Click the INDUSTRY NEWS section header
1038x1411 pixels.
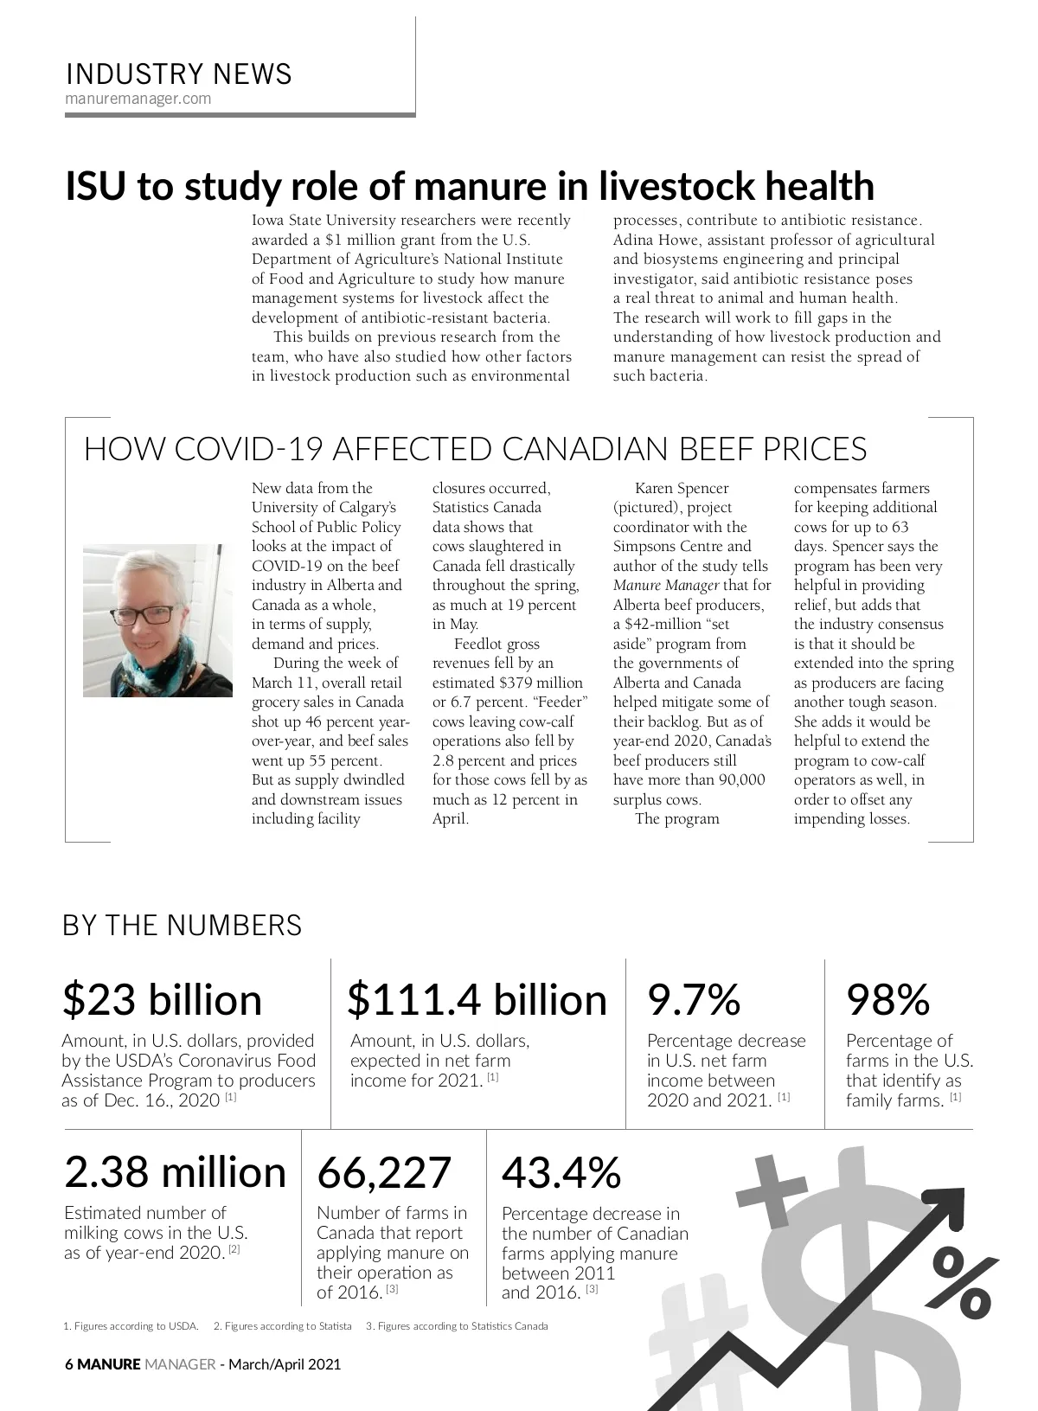[x=179, y=74]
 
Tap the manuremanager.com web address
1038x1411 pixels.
[x=138, y=99]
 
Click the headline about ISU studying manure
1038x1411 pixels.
[x=470, y=186]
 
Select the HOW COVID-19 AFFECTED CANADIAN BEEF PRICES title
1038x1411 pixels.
[x=475, y=450]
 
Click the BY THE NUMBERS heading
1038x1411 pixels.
[x=183, y=925]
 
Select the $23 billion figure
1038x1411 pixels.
[x=162, y=999]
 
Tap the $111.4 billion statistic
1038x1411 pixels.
[x=477, y=999]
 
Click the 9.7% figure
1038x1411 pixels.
[x=694, y=999]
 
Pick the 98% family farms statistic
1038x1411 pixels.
[x=887, y=999]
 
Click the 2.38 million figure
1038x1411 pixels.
[x=175, y=1172]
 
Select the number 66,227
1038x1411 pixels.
[x=384, y=1172]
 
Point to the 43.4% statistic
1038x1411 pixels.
[x=561, y=1172]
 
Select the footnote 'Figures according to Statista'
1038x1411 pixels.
[x=282, y=1325]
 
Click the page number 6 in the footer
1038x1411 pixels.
[x=69, y=1364]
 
